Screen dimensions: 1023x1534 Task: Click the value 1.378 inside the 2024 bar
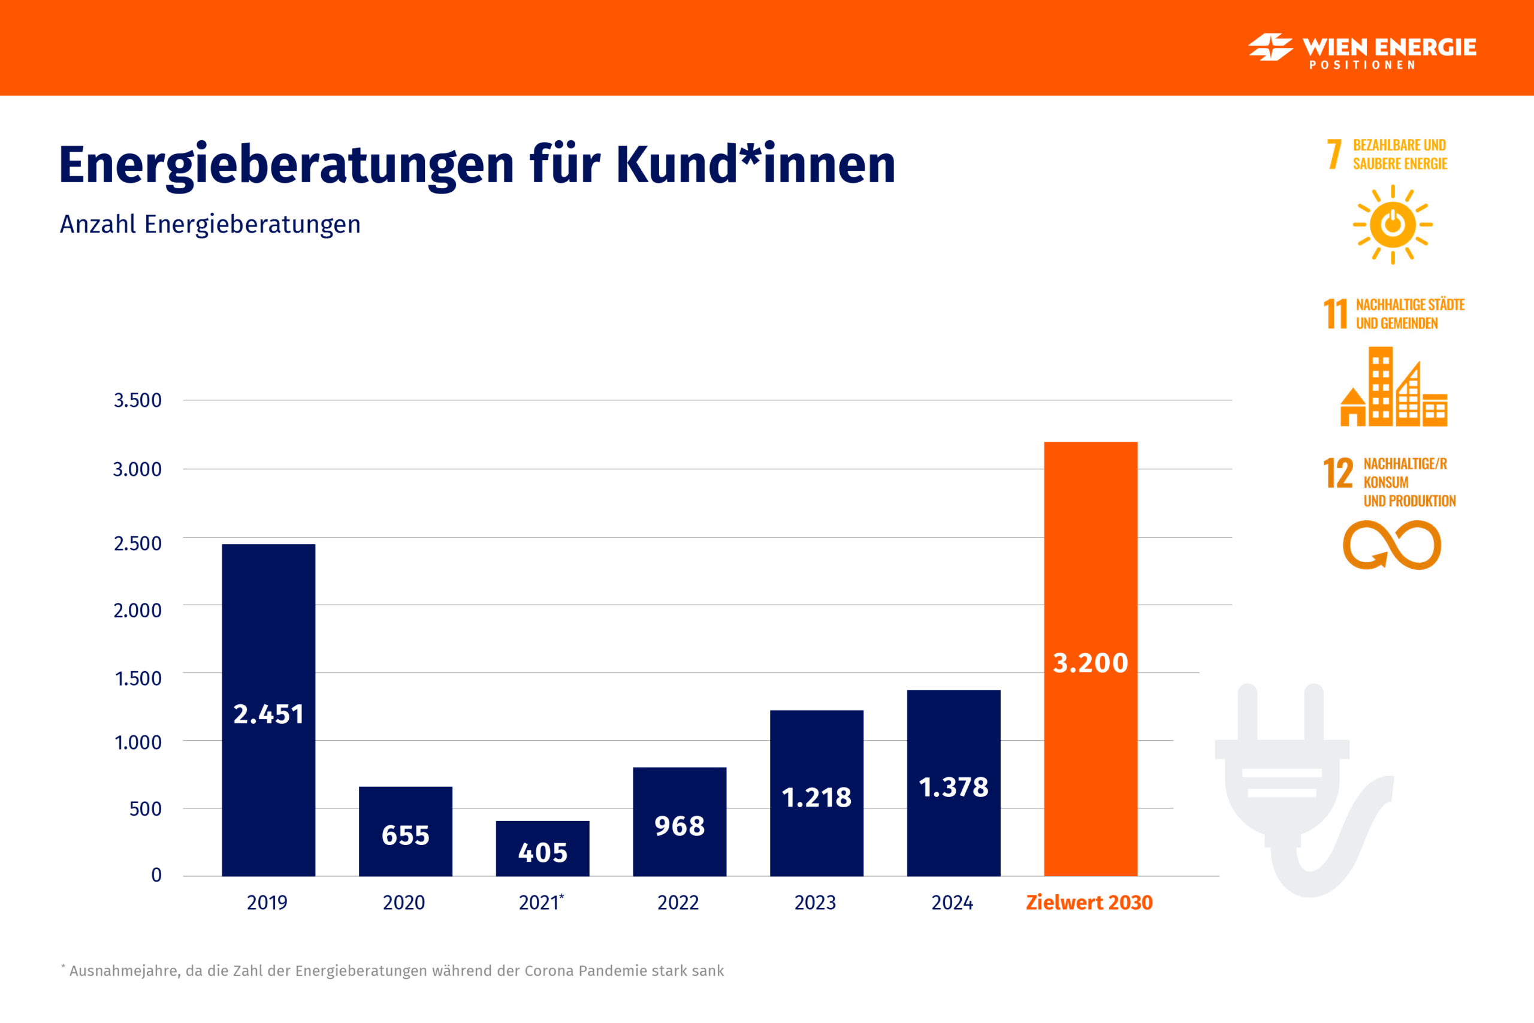coord(953,787)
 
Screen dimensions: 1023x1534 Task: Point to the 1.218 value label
coord(817,797)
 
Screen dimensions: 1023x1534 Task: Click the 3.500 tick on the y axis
coord(138,400)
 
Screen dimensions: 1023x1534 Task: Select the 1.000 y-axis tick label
coord(138,743)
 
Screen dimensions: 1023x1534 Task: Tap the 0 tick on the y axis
coord(156,875)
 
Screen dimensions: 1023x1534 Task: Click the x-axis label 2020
coord(404,903)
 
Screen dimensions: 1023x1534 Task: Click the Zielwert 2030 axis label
coord(1089,903)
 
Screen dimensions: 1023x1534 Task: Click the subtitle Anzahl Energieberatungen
coord(210,224)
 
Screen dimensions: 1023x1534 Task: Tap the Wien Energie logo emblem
coord(1270,47)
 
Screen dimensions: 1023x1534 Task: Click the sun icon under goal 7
coord(1393,224)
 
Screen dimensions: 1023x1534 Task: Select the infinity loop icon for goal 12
coord(1392,545)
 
